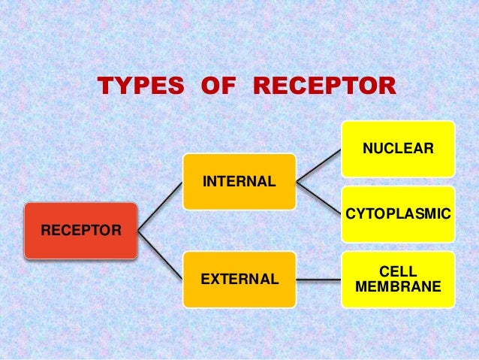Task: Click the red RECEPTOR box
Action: [80, 230]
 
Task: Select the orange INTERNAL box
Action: [239, 181]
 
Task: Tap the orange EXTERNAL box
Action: [239, 280]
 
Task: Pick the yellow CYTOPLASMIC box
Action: [398, 214]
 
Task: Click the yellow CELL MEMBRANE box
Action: [398, 280]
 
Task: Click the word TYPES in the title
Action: [140, 87]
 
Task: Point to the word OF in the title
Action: [218, 87]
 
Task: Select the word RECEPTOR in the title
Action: [322, 87]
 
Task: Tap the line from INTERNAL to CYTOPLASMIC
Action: [318, 198]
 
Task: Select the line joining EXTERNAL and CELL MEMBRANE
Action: [318, 280]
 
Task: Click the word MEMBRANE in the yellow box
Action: [398, 287]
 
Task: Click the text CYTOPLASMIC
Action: [398, 215]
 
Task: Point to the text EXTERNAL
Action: [239, 280]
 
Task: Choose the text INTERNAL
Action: [238, 182]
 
